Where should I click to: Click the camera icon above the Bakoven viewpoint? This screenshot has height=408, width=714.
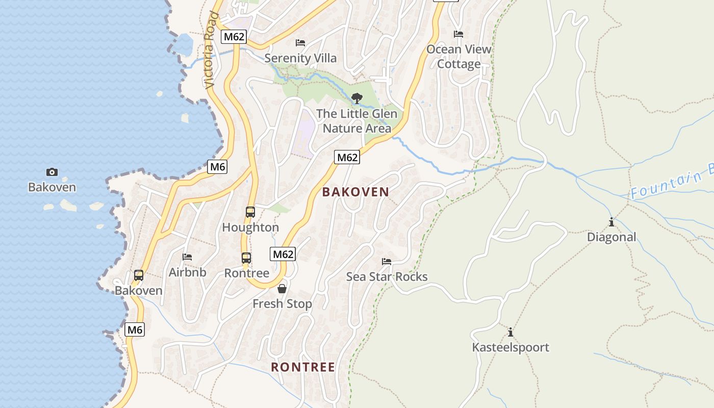click(52, 172)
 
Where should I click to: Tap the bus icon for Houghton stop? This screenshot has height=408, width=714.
click(250, 212)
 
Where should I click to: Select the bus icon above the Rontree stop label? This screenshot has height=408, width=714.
click(246, 258)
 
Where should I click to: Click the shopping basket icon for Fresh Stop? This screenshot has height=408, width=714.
click(282, 289)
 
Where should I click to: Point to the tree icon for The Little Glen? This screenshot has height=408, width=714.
click(357, 98)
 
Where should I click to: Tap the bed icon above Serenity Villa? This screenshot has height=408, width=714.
click(300, 43)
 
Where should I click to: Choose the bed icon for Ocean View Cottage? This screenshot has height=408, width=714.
click(458, 34)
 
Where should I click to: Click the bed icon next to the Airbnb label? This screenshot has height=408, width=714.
click(187, 257)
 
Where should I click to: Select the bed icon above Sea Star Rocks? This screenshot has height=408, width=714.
click(387, 262)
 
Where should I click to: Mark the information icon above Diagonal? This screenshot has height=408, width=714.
click(611, 222)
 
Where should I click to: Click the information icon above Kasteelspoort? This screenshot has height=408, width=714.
click(511, 333)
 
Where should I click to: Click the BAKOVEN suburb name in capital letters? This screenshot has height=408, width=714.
click(355, 192)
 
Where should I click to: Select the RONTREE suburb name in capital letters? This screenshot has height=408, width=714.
click(303, 367)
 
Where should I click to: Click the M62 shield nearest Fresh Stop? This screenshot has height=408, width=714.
click(283, 254)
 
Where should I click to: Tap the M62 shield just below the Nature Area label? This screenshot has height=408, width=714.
click(347, 157)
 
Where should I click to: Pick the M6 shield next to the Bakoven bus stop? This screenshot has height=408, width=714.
click(135, 329)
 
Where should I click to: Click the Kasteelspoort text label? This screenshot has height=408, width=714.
click(511, 348)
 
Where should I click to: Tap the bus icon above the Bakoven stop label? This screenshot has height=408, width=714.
click(138, 275)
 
